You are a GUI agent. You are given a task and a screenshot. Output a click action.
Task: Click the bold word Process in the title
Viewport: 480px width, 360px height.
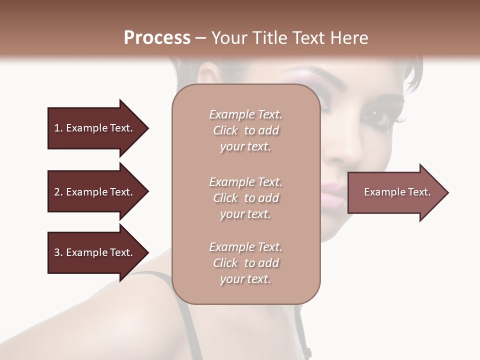coord(157,38)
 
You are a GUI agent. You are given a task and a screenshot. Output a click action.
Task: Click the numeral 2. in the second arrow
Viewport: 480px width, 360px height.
coord(58,192)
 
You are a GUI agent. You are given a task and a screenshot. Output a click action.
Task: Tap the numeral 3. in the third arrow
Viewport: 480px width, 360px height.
coord(58,252)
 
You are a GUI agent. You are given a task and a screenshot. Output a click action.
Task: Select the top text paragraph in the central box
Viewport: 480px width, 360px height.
coord(245,130)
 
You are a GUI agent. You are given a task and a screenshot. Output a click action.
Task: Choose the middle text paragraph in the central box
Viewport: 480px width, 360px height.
coord(245,198)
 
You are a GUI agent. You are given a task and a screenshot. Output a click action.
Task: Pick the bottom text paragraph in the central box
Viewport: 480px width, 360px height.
coord(245,263)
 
